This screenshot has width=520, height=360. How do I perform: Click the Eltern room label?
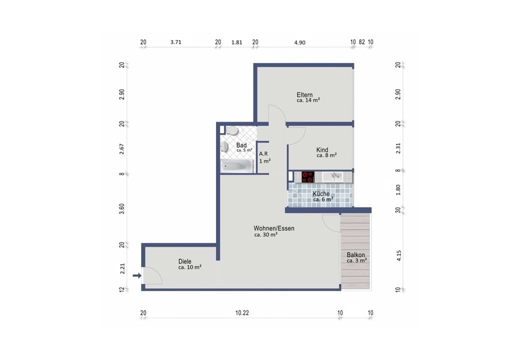pos(304,95)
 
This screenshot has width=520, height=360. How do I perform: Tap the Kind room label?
pos(322,150)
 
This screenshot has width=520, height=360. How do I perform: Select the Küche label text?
pos(321,193)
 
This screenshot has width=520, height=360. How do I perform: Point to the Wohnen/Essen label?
pos(274,228)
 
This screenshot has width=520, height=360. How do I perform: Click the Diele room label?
pos(184,261)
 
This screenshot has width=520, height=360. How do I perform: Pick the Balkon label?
pos(355,255)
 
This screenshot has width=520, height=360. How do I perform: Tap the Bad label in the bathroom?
pos(241,145)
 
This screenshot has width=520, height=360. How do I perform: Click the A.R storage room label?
pos(263,154)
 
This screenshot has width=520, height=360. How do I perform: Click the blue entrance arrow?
pos(137,275)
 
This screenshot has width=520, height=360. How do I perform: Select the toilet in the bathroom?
pos(232,131)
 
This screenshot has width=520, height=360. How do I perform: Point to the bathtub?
pos(237,165)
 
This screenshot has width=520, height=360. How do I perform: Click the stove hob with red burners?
pos(308,177)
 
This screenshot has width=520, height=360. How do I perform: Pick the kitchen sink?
pos(332,176)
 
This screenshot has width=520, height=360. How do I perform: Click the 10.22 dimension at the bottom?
pos(242,312)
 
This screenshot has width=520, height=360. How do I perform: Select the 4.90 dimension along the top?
pos(300,42)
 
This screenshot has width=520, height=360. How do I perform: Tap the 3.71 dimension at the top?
pos(176,42)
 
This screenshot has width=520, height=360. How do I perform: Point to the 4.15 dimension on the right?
pos(398,255)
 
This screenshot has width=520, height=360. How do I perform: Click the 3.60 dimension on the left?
pos(121,209)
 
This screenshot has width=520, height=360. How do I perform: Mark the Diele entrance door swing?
pos(152,276)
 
